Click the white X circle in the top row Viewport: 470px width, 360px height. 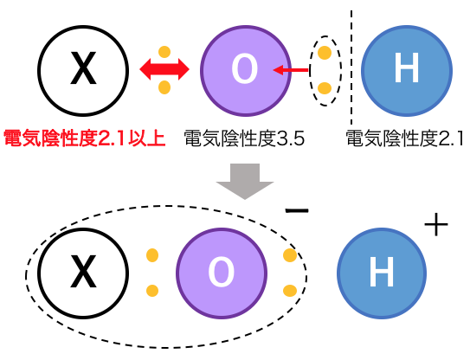pos(83,71)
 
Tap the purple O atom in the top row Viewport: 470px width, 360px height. pos(246,71)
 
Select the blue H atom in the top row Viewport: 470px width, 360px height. pos(407,71)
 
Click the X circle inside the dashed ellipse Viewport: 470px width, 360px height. pos(83,273)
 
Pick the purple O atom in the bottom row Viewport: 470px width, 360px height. pos(222,273)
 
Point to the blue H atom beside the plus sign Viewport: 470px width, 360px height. pos(382,273)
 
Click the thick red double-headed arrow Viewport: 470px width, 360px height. pos(164,69)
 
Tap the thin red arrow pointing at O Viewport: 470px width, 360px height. pos(291,70)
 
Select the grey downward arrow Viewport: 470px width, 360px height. pos(245,182)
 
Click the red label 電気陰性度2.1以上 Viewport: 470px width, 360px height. pos(84,138)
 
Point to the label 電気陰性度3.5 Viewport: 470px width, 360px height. pos(244,138)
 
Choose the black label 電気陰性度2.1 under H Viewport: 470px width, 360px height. pos(405,138)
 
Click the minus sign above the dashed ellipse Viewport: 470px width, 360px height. pos(297,211)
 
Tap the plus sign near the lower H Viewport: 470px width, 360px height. pos(436,224)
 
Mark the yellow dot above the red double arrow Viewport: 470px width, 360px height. pos(164,52)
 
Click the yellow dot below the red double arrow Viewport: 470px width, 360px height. pos(164,87)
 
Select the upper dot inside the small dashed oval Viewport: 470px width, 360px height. pos(325,53)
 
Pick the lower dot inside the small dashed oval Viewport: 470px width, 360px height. pos(325,88)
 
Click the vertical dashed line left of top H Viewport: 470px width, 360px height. pos(351,67)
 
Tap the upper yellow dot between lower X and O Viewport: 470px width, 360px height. pos(152,255)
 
